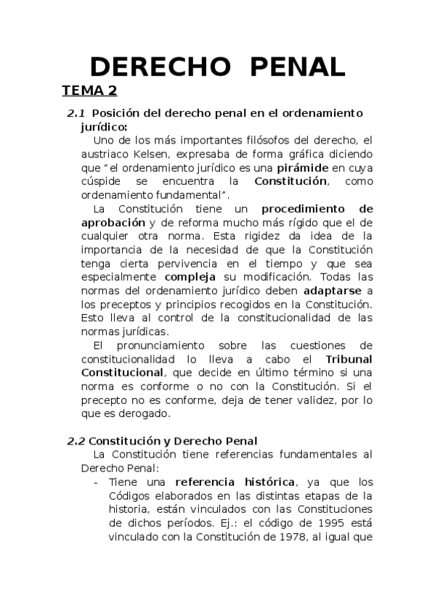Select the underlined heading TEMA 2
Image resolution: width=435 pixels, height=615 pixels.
point(89,91)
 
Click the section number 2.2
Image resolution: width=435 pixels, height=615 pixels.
point(76,441)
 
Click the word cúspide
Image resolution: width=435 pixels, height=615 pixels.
point(102,181)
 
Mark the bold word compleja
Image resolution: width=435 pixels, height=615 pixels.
point(188,277)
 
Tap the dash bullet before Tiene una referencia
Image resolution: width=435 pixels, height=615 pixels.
point(97,482)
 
